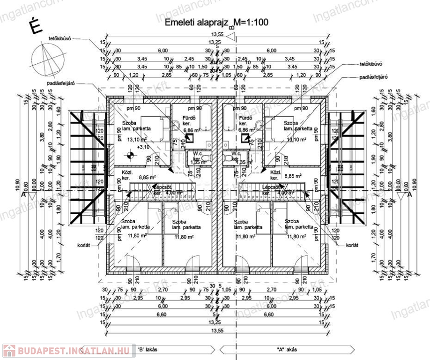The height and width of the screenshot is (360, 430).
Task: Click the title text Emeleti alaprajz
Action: pyautogui.click(x=196, y=22)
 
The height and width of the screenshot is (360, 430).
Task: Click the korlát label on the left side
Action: pyautogui.click(x=84, y=244)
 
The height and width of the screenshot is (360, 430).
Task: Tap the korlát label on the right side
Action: pyautogui.click(x=352, y=245)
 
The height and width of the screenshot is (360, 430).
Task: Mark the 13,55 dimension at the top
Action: pyautogui.click(x=217, y=34)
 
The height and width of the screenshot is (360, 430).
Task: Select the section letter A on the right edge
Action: pyautogui.click(x=409, y=196)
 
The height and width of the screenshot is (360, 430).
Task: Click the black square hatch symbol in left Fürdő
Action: pyautogui.click(x=190, y=138)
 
